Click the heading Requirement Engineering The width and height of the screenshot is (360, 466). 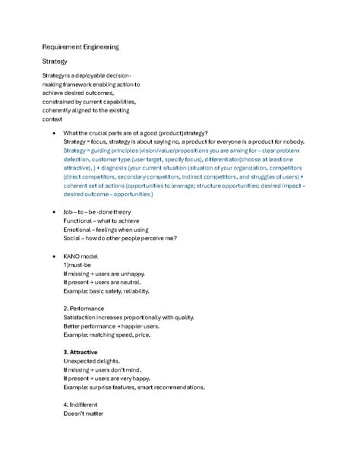81,47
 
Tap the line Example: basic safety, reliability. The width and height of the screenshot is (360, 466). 107,291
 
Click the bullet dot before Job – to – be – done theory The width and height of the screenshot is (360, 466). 51,212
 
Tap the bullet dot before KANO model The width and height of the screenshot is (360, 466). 51,256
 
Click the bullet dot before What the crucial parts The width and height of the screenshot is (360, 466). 51,133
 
